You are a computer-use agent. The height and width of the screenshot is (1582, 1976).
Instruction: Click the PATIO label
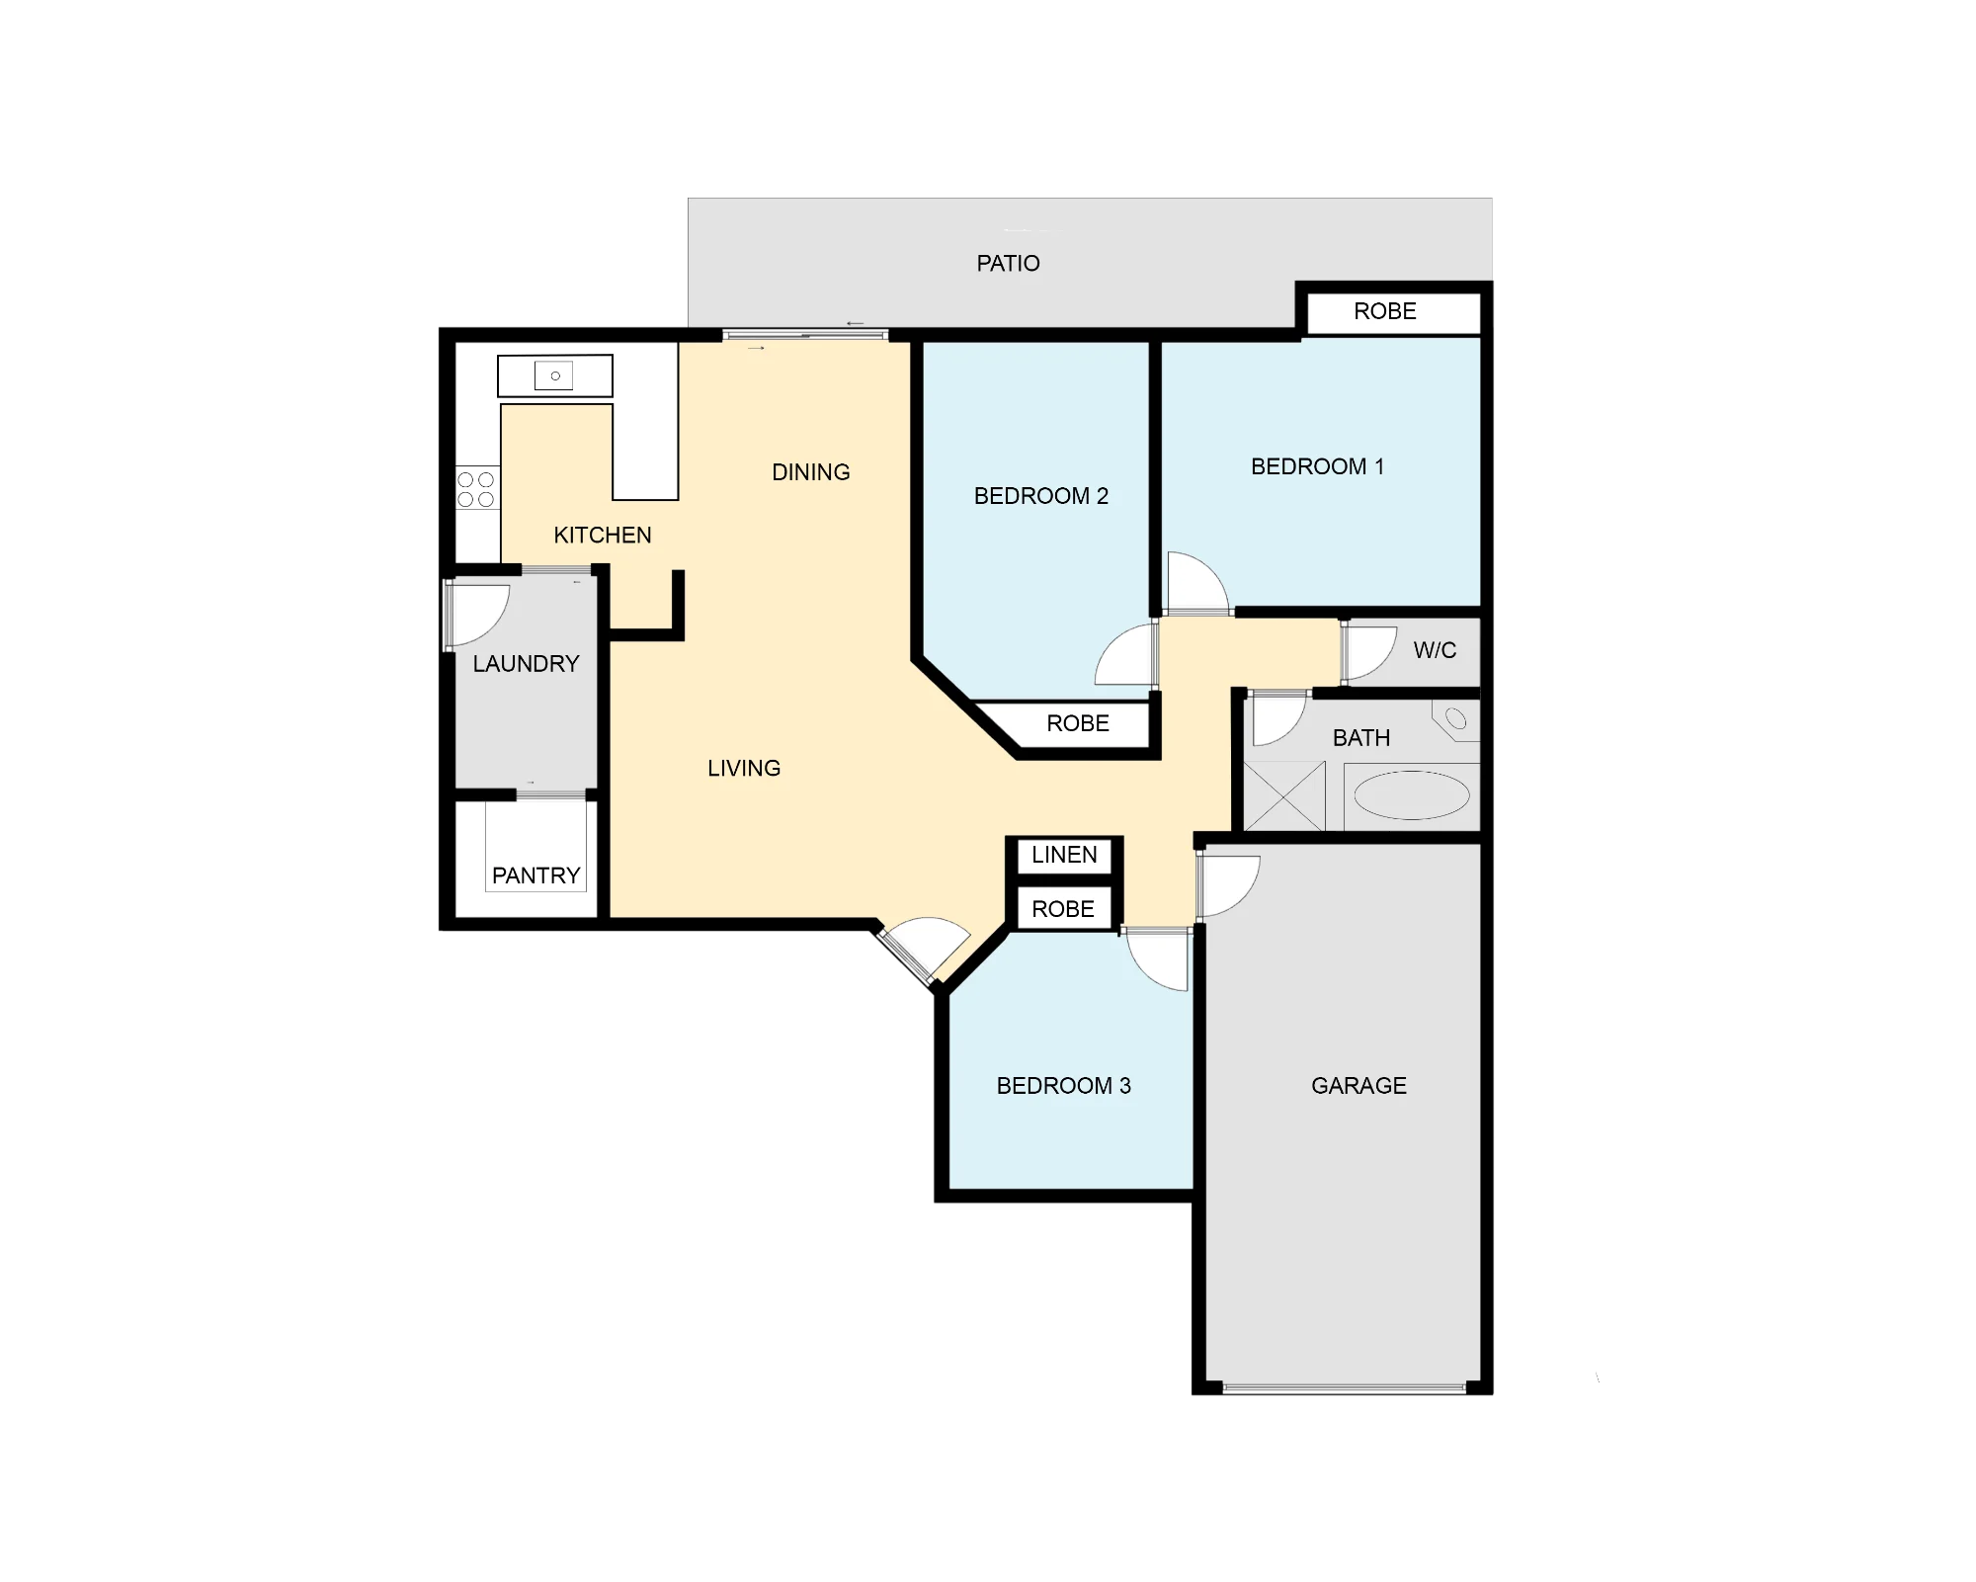[x=1008, y=263]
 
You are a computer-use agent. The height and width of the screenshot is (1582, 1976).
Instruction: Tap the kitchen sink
[x=554, y=375]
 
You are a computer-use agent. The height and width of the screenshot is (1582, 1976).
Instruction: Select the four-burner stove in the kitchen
[x=476, y=489]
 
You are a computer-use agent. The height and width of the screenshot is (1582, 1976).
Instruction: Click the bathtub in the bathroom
[x=1411, y=795]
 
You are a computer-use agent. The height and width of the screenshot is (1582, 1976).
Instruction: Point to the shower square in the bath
[x=1284, y=795]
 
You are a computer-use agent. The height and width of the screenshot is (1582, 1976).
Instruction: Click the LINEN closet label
[x=1064, y=855]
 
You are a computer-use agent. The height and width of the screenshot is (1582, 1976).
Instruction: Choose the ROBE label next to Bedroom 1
[x=1384, y=311]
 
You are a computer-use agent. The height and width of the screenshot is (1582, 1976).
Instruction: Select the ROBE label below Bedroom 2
[x=1077, y=723]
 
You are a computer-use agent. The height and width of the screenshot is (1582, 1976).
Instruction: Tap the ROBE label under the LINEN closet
[x=1063, y=909]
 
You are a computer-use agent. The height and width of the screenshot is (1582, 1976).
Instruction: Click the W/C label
[x=1435, y=650]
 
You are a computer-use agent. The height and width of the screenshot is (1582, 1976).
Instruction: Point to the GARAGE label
[x=1358, y=1086]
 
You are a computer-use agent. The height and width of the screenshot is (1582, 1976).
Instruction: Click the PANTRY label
[x=535, y=875]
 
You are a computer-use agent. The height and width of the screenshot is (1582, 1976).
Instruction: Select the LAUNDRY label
[x=526, y=664]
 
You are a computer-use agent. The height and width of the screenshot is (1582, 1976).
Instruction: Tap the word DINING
[x=810, y=472]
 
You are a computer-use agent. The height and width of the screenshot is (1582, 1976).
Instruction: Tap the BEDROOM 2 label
[x=1041, y=496]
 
